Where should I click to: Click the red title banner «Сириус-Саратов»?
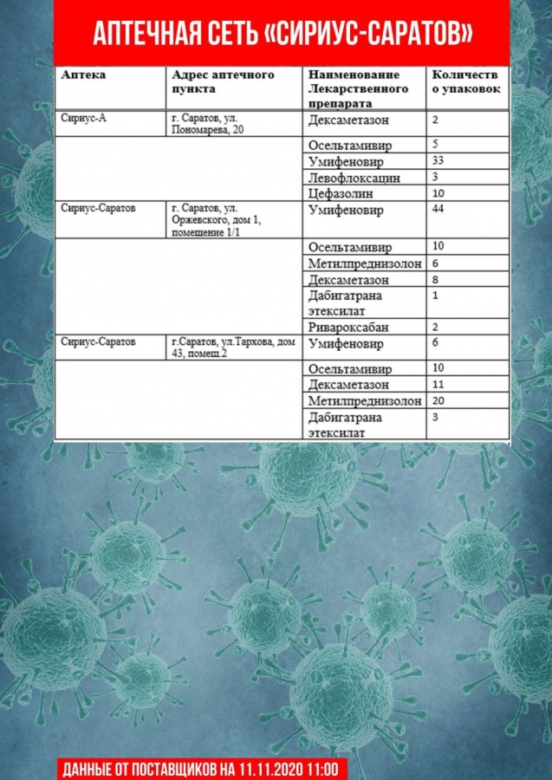[x=282, y=33]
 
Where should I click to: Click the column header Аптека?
[x=84, y=75]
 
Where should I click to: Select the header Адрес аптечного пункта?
[x=223, y=81]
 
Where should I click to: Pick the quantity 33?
[x=438, y=161]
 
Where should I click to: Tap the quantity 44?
[x=438, y=210]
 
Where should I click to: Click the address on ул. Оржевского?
[x=217, y=220]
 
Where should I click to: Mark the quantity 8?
[x=435, y=280]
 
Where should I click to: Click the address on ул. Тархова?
[x=234, y=348]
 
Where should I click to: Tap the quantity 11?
[x=438, y=384]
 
